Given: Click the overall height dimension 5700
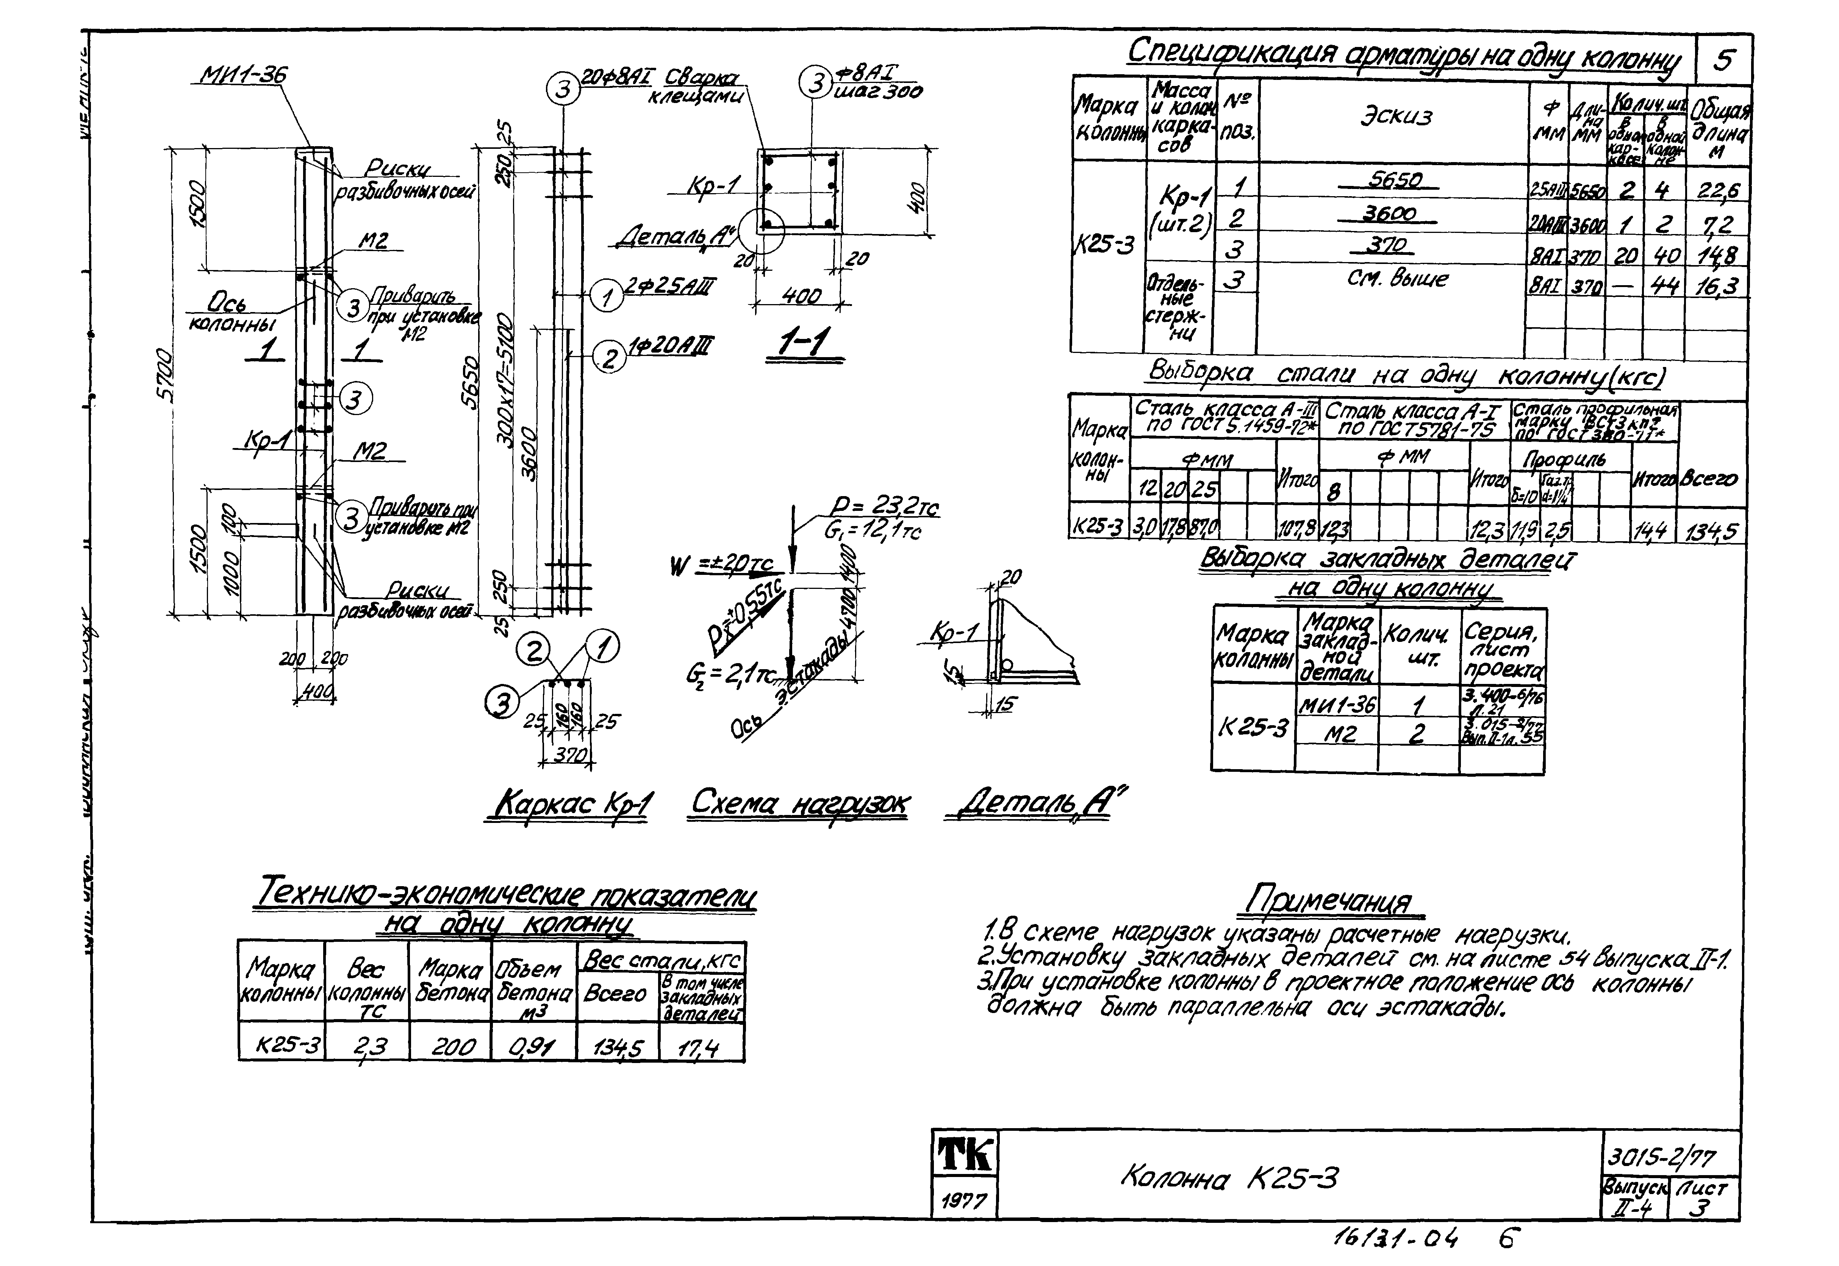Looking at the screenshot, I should click(164, 373).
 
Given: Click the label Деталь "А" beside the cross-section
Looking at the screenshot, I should click(674, 236).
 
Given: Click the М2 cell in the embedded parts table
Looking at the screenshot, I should click(1339, 735).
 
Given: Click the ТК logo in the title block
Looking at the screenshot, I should click(964, 1155).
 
